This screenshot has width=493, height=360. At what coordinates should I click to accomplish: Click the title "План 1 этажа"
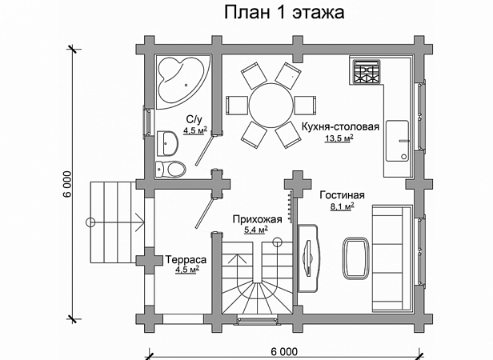tap(284, 12)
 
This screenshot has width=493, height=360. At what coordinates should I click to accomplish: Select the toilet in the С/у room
tap(170, 170)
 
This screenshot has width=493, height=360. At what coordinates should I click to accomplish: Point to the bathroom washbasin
tap(167, 143)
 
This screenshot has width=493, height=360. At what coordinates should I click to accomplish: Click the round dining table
tap(271, 105)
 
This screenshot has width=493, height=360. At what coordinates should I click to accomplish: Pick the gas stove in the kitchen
tap(367, 72)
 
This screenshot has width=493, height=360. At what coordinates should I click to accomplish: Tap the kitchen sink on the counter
tap(398, 141)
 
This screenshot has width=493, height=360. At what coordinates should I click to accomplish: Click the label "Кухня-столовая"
tap(340, 126)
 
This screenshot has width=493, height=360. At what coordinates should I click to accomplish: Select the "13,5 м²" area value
tap(339, 138)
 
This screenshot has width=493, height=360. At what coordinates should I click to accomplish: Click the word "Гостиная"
tap(342, 195)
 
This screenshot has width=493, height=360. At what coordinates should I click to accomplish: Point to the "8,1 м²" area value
tap(342, 206)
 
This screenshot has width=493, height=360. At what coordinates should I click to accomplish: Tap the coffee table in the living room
tap(356, 258)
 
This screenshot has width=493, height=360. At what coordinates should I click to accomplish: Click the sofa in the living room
tap(392, 258)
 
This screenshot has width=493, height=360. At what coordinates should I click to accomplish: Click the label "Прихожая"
tap(257, 219)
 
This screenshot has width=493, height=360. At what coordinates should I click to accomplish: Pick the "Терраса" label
tap(186, 260)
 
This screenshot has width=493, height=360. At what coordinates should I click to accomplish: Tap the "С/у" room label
tap(194, 119)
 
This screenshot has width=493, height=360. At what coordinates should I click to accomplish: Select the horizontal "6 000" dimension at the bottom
tap(283, 351)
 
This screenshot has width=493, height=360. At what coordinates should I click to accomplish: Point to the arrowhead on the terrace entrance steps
tap(140, 222)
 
